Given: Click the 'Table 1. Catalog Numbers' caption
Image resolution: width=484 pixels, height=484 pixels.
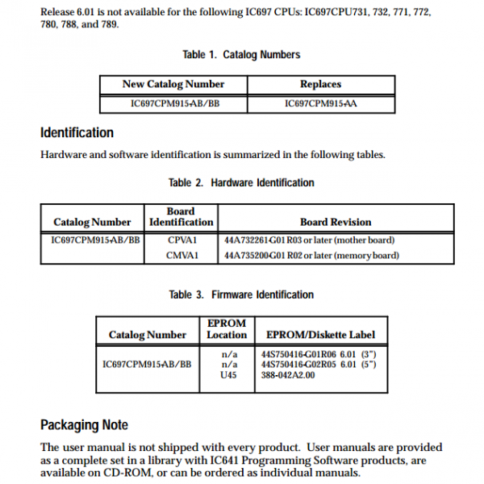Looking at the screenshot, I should point(241,55).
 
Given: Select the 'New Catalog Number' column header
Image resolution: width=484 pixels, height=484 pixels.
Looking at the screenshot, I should point(173,85).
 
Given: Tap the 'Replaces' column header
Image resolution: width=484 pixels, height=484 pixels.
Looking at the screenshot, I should point(320,85).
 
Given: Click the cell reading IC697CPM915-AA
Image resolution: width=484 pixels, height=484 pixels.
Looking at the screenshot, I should point(320,104).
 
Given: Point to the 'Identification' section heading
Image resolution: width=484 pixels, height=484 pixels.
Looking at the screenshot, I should point(77,132).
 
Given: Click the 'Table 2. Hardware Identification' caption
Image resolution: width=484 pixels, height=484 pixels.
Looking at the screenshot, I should point(241,183).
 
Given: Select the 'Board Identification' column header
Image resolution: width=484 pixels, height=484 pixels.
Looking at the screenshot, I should point(181,216).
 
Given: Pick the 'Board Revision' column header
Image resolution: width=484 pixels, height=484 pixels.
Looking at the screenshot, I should point(336,222).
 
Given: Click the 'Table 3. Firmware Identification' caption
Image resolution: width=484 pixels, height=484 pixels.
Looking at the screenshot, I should point(241,295).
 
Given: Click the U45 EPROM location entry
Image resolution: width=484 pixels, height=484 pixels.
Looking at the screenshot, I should point(230,376).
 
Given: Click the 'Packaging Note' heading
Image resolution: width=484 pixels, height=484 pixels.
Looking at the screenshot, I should point(84,424).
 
